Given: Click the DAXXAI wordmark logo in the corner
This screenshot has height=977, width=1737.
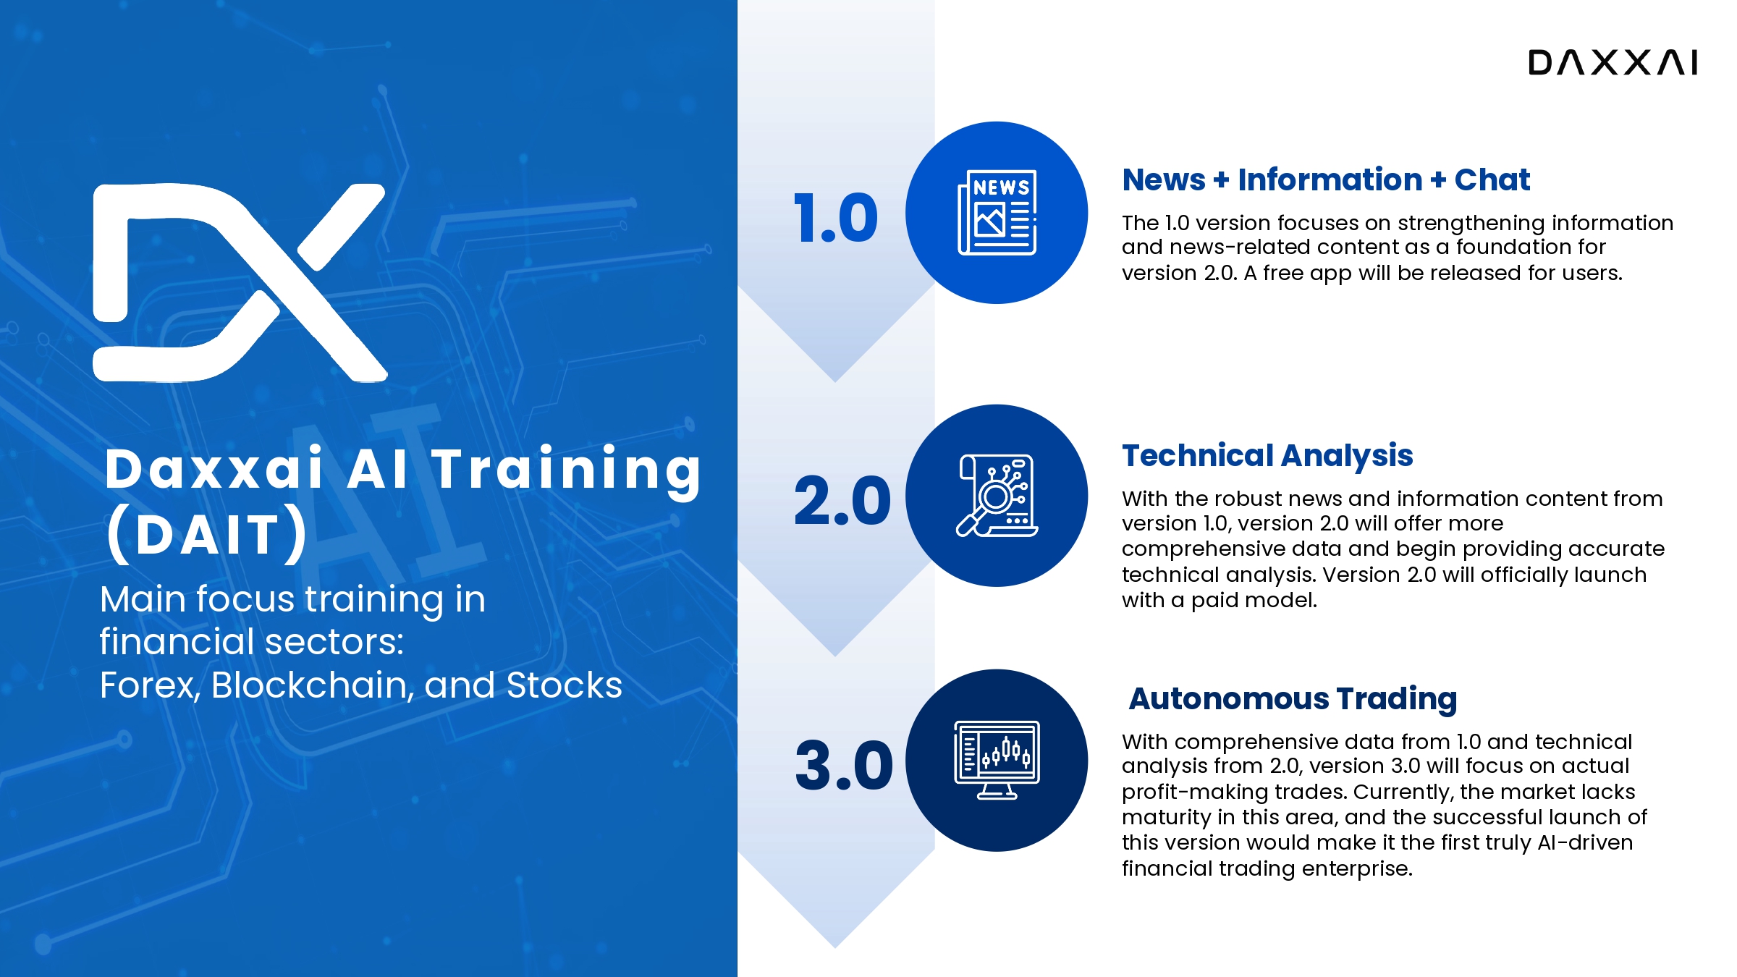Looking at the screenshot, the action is (1613, 62).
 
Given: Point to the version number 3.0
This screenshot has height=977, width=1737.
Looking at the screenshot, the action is (844, 765).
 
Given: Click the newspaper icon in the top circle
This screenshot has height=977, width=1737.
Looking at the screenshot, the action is (997, 213).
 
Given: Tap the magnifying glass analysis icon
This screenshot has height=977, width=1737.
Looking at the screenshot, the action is (997, 496).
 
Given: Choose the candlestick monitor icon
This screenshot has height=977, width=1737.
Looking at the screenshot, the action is (997, 760).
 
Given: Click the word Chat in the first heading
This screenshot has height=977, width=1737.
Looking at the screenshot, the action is (1492, 179).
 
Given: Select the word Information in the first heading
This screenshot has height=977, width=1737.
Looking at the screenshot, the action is (1330, 179).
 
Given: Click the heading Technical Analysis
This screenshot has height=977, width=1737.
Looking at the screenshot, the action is (1267, 456).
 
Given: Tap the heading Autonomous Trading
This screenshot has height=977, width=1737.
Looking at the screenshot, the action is (1293, 698).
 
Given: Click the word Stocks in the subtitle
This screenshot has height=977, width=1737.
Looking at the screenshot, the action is (565, 685).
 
